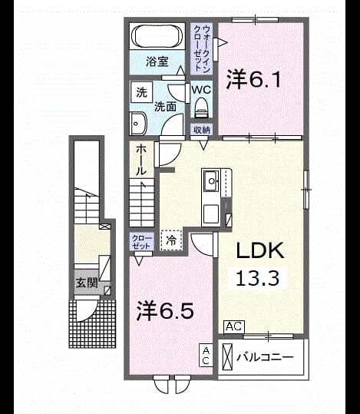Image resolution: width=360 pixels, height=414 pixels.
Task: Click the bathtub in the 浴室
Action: [x=159, y=36]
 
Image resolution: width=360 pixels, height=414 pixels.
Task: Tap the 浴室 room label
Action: [x=157, y=61]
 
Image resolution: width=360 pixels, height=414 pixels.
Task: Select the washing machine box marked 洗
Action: [x=142, y=92]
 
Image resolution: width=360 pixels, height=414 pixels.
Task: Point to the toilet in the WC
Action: [x=202, y=108]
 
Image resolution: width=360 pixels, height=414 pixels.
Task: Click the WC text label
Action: [x=201, y=90]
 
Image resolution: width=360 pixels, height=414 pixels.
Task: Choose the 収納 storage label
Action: [x=202, y=130]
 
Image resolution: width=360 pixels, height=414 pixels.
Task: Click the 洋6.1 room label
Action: [x=253, y=78]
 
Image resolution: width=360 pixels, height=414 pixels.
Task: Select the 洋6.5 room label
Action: [x=165, y=311]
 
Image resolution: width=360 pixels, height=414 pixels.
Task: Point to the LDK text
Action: [x=260, y=250]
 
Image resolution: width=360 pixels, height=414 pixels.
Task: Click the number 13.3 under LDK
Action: [x=257, y=278]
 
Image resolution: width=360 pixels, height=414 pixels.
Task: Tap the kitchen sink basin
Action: [x=211, y=181]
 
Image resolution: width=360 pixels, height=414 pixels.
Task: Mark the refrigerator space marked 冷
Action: [x=171, y=240]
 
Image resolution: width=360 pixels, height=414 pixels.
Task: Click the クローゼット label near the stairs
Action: [x=142, y=242]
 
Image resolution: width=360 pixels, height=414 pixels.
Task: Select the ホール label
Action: [x=140, y=161]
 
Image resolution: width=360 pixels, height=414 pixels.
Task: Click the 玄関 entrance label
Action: [x=87, y=283]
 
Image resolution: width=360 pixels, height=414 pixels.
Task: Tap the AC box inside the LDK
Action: [x=234, y=327]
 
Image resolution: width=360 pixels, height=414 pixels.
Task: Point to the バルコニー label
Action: [x=265, y=357]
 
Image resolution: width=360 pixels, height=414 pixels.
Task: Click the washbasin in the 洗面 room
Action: [x=138, y=124]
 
